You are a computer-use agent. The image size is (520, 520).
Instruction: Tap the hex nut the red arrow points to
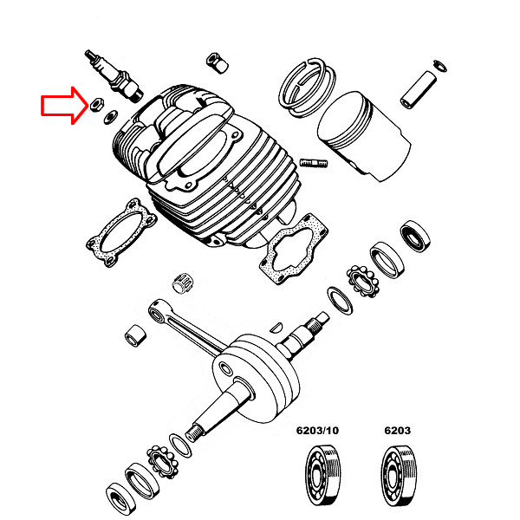(94, 106)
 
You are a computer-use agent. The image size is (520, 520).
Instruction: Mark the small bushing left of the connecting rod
(135, 334)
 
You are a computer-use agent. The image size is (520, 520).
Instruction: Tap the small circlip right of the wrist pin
(439, 64)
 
